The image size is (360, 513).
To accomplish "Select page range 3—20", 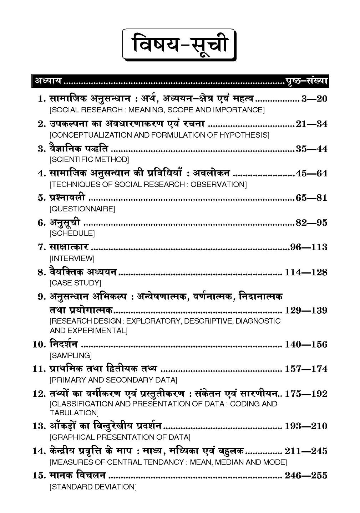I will pos(314,99).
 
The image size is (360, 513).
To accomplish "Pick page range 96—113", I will pos(309,247).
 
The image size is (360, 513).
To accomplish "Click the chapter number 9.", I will pos(42,297).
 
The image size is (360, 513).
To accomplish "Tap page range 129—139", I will pos(306,311).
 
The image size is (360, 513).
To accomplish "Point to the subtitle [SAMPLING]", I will pos(71,355).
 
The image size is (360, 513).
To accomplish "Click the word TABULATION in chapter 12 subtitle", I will pos(73,412).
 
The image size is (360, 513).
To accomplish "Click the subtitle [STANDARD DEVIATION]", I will pos(93,487).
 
